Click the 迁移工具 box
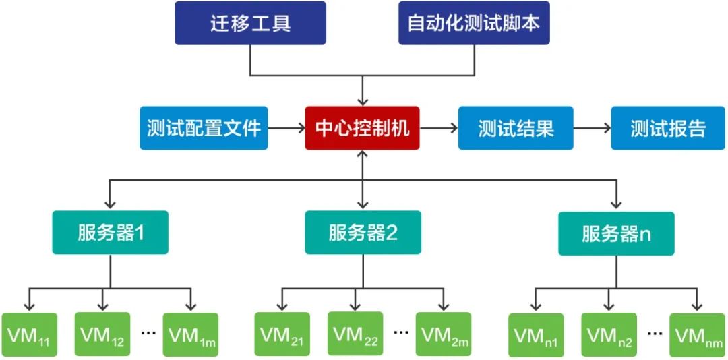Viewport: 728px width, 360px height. click(x=250, y=23)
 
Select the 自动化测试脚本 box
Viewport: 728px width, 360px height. click(x=474, y=23)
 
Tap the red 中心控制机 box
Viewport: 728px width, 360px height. click(x=363, y=128)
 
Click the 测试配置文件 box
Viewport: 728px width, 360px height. click(x=204, y=128)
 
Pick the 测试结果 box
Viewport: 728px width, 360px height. click(x=516, y=128)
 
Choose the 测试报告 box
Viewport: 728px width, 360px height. click(x=668, y=128)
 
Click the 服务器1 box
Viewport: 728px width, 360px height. click(x=110, y=233)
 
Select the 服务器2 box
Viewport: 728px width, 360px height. click(x=363, y=233)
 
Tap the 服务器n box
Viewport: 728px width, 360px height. click(x=616, y=233)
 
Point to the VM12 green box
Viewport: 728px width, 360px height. click(x=102, y=334)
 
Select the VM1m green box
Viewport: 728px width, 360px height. click(x=190, y=334)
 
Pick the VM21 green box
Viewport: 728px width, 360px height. click(x=282, y=334)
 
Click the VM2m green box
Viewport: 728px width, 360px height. click(x=443, y=334)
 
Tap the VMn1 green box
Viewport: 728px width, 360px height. click(x=536, y=334)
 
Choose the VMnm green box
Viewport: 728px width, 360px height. click(x=697, y=334)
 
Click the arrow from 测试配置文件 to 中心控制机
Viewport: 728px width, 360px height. click(x=286, y=128)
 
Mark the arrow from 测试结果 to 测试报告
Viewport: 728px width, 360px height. click(x=592, y=128)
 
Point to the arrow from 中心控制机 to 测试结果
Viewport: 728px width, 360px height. click(x=439, y=128)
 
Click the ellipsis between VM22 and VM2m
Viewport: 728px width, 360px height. click(x=400, y=332)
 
